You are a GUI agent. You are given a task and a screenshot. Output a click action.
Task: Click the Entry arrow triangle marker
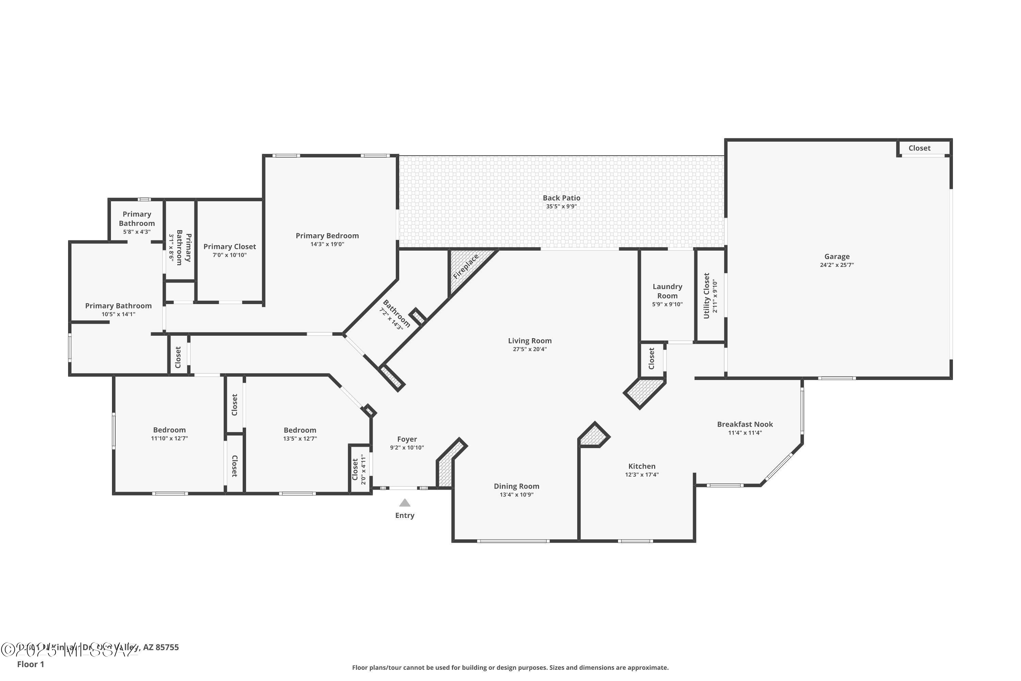(x=405, y=503)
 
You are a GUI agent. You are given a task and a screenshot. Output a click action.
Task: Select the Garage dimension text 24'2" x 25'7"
(x=837, y=265)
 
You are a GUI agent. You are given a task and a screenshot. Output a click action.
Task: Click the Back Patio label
(x=561, y=198)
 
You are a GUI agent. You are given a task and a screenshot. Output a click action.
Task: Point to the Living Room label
(x=530, y=341)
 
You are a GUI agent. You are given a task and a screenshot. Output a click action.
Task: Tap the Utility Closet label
(x=706, y=296)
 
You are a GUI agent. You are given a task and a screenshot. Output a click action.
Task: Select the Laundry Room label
(x=667, y=291)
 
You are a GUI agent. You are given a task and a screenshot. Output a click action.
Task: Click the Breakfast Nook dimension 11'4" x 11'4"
(x=745, y=432)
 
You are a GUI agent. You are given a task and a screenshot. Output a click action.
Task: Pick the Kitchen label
(x=642, y=466)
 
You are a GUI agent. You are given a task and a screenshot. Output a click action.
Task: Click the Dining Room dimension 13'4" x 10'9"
(x=516, y=495)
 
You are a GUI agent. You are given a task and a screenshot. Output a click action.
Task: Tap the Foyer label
(x=407, y=440)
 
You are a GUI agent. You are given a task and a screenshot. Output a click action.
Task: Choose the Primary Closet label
(x=230, y=247)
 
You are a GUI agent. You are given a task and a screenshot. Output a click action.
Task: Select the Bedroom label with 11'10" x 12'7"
(x=169, y=430)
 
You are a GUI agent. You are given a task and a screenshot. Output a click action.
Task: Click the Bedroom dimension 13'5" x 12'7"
(x=300, y=439)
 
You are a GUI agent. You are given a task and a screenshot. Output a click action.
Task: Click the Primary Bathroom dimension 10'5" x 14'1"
(x=118, y=314)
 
